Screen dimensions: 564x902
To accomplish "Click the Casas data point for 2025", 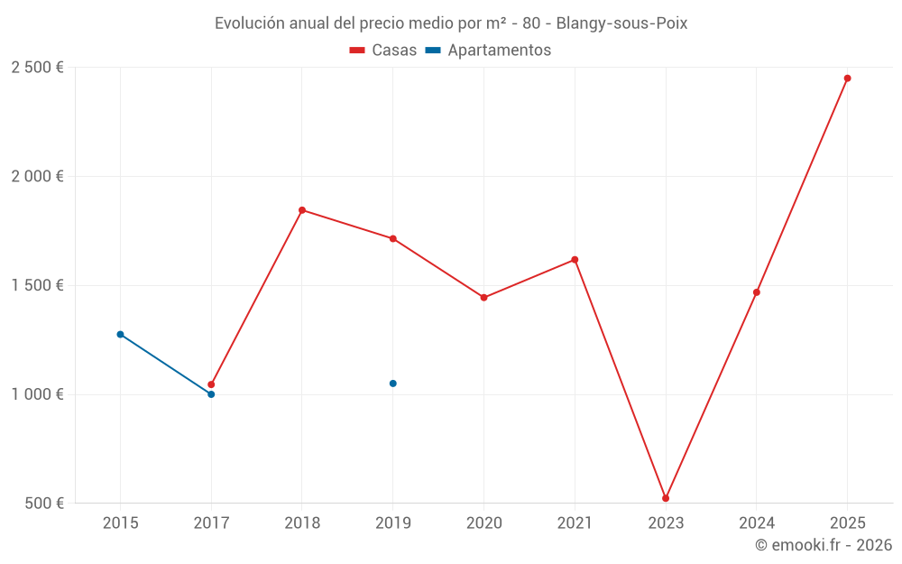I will click(x=847, y=79).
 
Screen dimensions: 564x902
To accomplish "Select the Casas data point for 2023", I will click(x=666, y=498).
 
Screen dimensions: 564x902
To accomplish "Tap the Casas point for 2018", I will click(x=302, y=210).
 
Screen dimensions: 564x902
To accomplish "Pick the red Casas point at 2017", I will click(x=211, y=384).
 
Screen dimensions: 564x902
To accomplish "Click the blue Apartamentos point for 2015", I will click(x=120, y=335).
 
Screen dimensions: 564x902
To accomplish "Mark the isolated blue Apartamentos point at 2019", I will click(x=392, y=384).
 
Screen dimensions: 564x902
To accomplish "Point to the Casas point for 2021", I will click(x=575, y=260).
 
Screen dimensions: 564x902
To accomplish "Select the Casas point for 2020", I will click(x=483, y=298).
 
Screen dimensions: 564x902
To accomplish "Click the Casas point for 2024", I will click(x=756, y=292).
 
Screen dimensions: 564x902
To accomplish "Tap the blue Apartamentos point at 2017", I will click(x=211, y=394).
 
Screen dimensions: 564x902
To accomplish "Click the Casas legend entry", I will click(x=383, y=51).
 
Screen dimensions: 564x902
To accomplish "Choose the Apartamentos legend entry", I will click(x=488, y=51).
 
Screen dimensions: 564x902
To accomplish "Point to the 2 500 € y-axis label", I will click(x=37, y=68).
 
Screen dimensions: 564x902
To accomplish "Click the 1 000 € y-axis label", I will click(x=37, y=394).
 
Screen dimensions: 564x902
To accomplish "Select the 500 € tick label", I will click(x=43, y=504).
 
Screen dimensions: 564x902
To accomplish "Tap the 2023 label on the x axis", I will click(x=666, y=522).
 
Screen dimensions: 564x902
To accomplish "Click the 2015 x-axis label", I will click(x=120, y=522).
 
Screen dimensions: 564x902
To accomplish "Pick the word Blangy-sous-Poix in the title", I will click(x=621, y=23).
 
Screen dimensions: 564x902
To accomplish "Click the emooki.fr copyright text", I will click(x=824, y=545).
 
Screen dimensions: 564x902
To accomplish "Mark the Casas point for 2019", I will click(x=392, y=239).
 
